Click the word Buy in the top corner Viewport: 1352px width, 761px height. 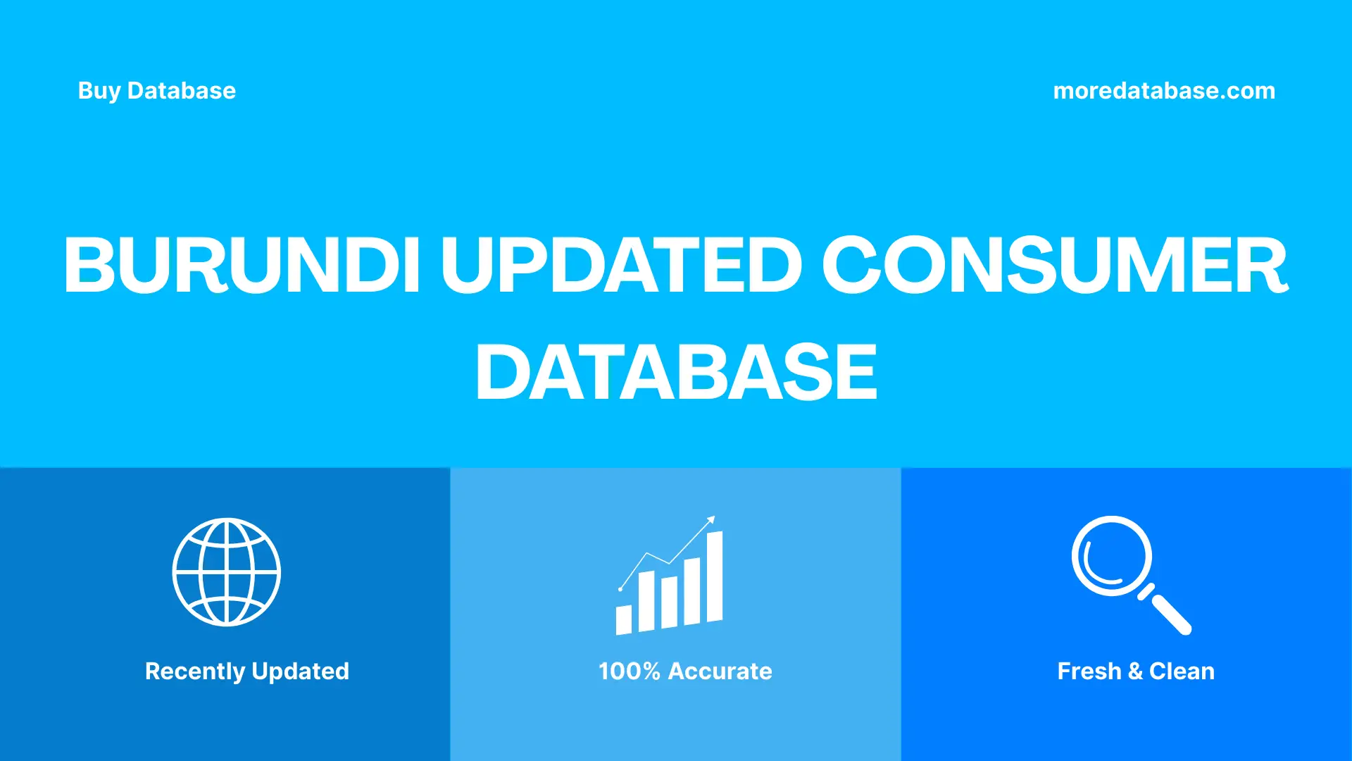click(99, 91)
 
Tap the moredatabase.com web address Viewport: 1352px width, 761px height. click(1163, 91)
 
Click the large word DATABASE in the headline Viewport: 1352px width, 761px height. click(676, 372)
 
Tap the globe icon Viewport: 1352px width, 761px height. click(226, 572)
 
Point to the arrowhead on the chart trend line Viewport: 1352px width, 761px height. click(711, 520)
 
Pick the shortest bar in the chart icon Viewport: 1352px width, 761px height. click(623, 619)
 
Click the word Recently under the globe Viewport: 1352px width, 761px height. click(195, 672)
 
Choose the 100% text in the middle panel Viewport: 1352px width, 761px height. click(629, 672)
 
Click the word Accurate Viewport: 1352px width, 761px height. click(720, 672)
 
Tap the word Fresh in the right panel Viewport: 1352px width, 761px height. click(1089, 672)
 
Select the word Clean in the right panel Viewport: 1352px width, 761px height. click(1182, 672)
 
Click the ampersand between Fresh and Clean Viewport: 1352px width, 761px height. click(1134, 672)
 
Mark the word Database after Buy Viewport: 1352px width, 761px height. click(182, 91)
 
